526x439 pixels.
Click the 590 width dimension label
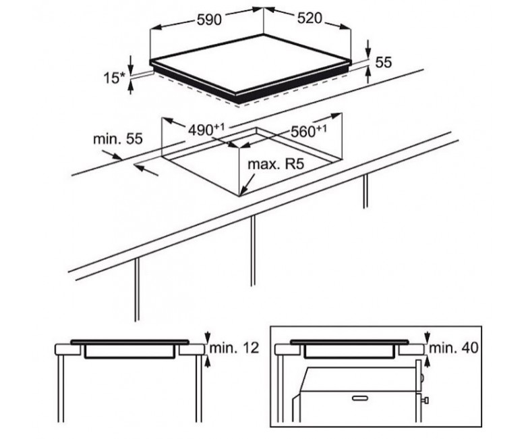pos(209,20)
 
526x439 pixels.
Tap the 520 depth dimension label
pos(310,18)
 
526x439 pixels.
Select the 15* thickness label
pos(114,78)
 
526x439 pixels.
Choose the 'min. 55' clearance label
pos(118,138)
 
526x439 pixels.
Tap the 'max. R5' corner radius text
pos(276,164)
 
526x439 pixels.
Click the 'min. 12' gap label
pos(235,348)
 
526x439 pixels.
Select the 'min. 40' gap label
pos(454,348)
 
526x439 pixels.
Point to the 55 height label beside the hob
pos(384,63)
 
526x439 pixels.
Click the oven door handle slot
pos(360,398)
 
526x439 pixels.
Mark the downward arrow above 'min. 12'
pos(208,336)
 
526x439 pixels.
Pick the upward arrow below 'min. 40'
pos(428,361)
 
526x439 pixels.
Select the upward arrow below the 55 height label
pos(368,75)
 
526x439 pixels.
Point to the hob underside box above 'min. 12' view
pos(129,351)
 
